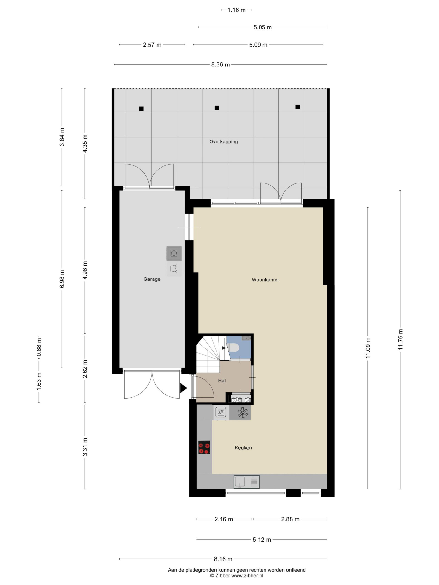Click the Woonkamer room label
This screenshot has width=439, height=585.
pyautogui.click(x=265, y=279)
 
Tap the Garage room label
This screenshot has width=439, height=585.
pyautogui.click(x=152, y=279)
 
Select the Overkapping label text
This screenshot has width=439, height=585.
pyautogui.click(x=224, y=142)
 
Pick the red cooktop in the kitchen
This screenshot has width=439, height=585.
pyautogui.click(x=204, y=447)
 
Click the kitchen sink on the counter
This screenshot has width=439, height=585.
pyautogui.click(x=246, y=482)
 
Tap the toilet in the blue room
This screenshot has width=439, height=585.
pyautogui.click(x=234, y=347)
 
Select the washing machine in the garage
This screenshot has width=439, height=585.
pyautogui.click(x=174, y=253)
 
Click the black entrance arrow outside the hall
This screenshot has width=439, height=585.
pyautogui.click(x=183, y=388)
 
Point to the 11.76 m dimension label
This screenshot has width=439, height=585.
pyautogui.click(x=400, y=339)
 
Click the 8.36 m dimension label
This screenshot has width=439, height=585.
pyautogui.click(x=220, y=64)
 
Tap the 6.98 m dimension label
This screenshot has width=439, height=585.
pyautogui.click(x=62, y=279)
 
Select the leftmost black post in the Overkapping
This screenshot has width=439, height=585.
pyautogui.click(x=141, y=109)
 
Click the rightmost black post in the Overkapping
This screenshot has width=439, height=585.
pyautogui.click(x=298, y=107)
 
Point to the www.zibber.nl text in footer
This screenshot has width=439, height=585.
pyautogui.click(x=247, y=576)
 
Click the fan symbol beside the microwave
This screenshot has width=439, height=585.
pyautogui.click(x=242, y=413)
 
